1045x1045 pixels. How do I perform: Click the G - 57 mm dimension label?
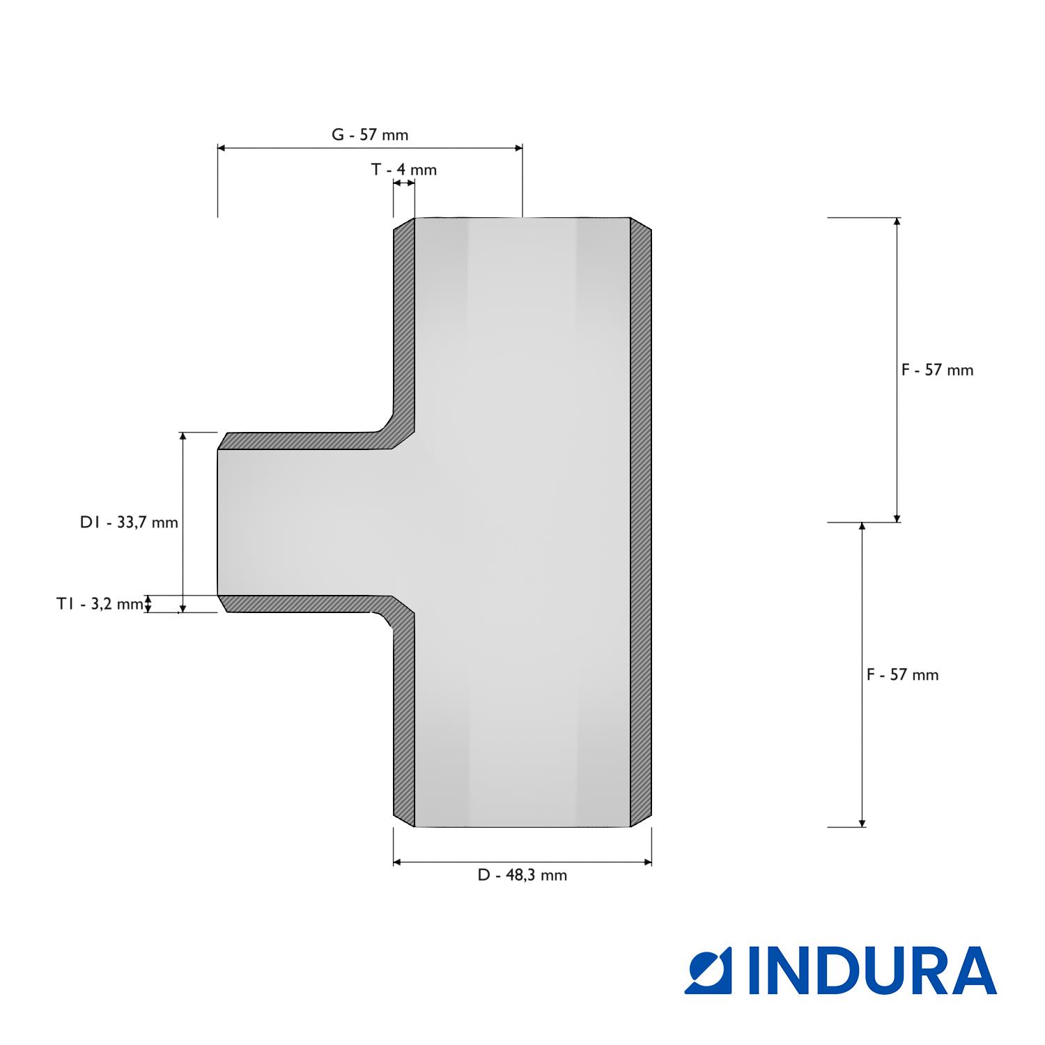369,135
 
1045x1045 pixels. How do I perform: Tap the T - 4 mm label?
404,169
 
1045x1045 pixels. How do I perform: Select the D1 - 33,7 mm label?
129,522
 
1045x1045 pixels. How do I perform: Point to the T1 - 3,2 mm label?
100,604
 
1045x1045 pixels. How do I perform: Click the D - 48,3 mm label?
522,875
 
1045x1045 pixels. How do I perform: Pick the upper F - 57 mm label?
937,370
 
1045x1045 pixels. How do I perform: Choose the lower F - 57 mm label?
903,674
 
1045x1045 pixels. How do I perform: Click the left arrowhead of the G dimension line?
222,148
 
